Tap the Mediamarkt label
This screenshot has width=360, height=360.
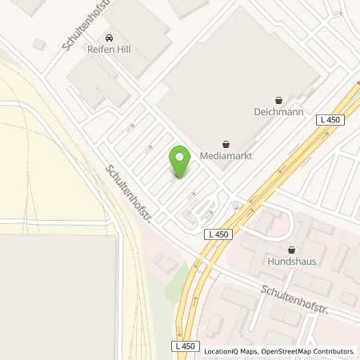point(226,157)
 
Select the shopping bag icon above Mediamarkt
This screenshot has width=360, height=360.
point(226,144)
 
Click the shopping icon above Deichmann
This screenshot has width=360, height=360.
point(278,100)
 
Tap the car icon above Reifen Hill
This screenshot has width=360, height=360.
point(109,38)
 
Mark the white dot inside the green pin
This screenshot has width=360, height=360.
point(180,155)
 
